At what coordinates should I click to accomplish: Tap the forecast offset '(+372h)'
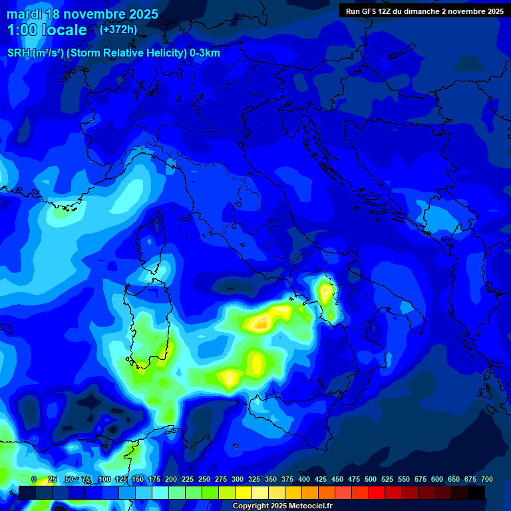click(x=118, y=30)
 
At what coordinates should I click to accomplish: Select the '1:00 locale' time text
click(x=47, y=30)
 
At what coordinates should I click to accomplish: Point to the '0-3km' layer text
click(x=204, y=53)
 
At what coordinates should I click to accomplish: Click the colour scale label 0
click(x=34, y=479)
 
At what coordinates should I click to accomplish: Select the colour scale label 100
click(x=104, y=479)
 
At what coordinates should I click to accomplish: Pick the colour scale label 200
click(x=171, y=479)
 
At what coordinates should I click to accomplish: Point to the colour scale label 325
click(x=254, y=479)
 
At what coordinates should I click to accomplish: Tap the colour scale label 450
click(x=337, y=479)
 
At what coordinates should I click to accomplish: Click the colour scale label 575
click(x=421, y=479)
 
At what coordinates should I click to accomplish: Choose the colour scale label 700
click(x=487, y=479)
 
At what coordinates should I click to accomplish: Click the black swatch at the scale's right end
click(x=476, y=492)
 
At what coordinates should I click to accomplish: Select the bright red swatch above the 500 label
click(x=377, y=492)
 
